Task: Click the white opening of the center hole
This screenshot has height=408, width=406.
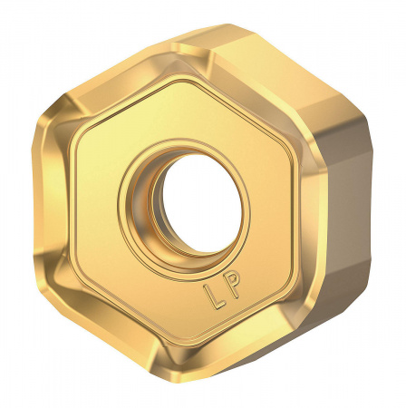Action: pyautogui.click(x=198, y=199)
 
